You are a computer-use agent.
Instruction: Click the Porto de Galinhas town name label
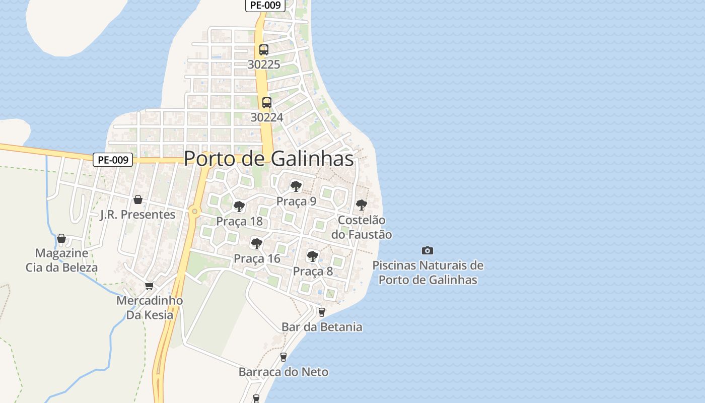pos(268,159)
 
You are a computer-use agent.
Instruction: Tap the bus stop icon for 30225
pos(264,50)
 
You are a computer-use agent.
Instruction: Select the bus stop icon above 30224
pos(267,103)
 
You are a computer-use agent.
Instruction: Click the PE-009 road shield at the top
pos(265,6)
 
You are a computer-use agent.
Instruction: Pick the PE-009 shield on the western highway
pos(113,160)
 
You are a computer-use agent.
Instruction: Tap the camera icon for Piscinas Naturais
pos(427,250)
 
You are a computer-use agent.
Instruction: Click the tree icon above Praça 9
pos(296,186)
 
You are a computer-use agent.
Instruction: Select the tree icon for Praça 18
pos(239,206)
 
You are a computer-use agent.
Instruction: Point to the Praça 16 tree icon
pos(257,244)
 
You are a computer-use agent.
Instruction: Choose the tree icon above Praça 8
pos(313,256)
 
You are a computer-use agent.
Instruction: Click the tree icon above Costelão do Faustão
pos(361,205)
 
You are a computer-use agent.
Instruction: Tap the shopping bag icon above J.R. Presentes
pos(138,199)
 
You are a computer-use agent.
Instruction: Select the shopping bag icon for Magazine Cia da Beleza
pos(61,238)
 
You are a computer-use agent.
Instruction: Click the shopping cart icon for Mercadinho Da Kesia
pos(149,286)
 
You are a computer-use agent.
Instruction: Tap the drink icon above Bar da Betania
pos(322,312)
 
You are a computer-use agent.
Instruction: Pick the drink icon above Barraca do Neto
pos(283,357)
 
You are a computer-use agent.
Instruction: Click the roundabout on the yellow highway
pos(194,211)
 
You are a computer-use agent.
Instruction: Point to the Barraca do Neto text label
pos(283,372)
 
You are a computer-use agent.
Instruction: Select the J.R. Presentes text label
pos(137,215)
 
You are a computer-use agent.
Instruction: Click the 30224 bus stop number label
pos(267,117)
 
